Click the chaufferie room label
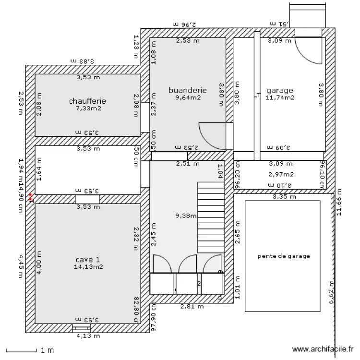(87, 101)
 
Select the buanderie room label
(188, 90)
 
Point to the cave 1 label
(87, 259)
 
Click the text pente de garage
(283, 256)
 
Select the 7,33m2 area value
(87, 108)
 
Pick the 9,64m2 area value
(188, 97)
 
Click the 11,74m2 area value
(280, 97)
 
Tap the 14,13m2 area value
(87, 266)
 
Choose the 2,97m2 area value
(281, 174)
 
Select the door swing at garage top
(307, 49)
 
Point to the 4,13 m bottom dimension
(88, 336)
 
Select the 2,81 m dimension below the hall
(192, 306)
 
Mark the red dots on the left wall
(30, 196)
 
